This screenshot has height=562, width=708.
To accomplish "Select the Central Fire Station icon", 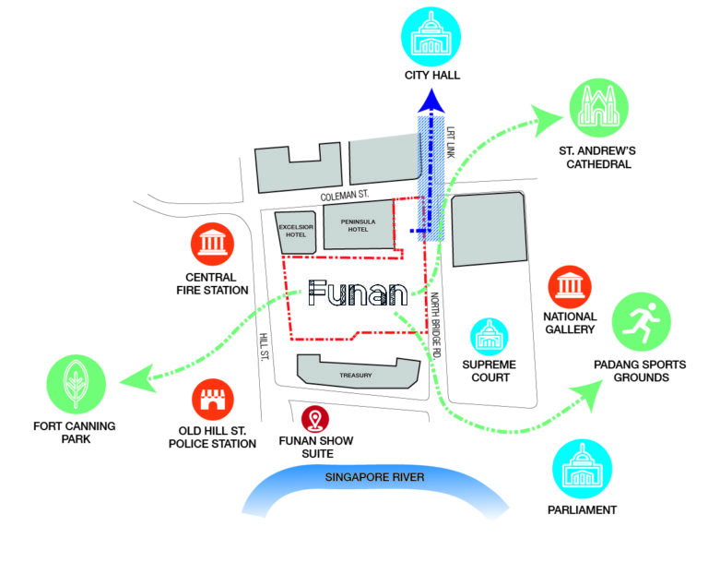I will point(215,244).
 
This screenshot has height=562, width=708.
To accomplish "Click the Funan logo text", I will point(358,293).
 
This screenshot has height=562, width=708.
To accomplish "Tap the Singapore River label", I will point(374,477).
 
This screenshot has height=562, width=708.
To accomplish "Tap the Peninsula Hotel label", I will point(358,225).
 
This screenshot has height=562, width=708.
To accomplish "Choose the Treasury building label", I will point(355,375).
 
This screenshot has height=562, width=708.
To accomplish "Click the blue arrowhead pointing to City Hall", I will point(428,103).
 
